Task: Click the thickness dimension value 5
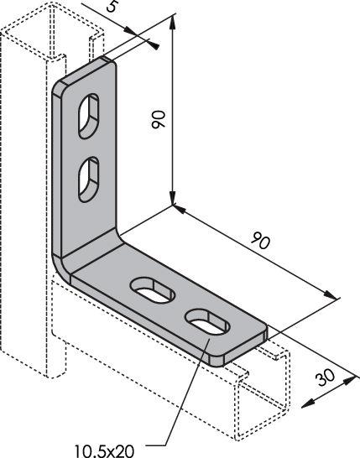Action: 112,6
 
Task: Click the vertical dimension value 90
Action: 159,119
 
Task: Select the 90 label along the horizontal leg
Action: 261,240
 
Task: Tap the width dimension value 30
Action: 325,377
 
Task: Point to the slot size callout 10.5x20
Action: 104,451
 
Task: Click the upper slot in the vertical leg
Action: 89,116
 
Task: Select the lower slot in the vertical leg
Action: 89,180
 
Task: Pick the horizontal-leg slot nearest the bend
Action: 153,290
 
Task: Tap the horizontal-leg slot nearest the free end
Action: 208,322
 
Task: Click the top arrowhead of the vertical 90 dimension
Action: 172,23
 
